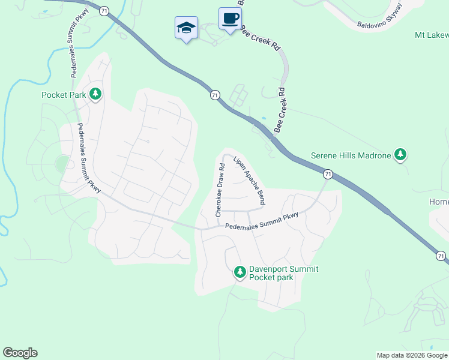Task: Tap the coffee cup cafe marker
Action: point(230,19)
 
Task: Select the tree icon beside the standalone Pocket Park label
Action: point(95,94)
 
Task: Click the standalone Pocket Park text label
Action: point(63,95)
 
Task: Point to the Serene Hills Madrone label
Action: point(351,155)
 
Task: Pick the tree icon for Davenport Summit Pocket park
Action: point(240,273)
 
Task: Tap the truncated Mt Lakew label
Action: point(431,35)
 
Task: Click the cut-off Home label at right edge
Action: point(439,202)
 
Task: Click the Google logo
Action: point(20,353)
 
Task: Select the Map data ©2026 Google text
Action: point(412,355)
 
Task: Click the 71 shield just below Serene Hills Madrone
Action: point(327,174)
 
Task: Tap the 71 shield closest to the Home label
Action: point(441,256)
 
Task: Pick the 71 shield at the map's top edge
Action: point(104,11)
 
